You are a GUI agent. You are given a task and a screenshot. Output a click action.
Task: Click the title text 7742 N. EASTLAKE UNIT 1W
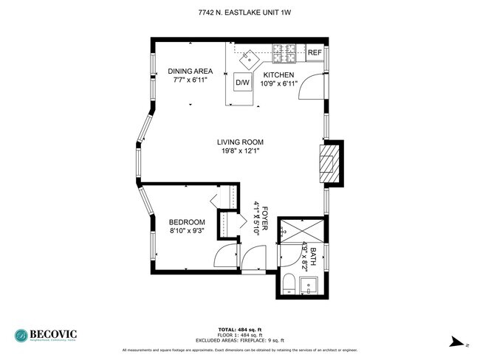(240, 13)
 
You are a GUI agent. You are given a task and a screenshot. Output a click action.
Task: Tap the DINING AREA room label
(190, 71)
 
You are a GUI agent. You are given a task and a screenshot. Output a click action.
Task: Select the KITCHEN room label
(278, 75)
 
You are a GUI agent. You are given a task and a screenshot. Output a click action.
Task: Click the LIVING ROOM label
(240, 142)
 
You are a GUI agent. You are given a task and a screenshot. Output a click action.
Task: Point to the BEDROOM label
(187, 222)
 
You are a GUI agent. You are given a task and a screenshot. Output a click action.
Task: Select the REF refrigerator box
(315, 52)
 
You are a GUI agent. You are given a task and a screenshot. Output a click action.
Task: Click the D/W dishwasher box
(243, 83)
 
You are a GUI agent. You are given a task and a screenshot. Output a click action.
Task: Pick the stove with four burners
(284, 53)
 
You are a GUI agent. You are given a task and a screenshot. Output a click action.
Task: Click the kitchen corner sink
(252, 55)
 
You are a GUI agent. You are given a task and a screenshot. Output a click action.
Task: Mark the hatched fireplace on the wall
(329, 162)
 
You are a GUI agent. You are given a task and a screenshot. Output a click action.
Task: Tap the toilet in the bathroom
(290, 283)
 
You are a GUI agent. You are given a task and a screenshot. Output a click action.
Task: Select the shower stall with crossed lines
(301, 229)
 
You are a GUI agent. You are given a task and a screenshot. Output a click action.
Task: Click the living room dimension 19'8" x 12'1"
(240, 151)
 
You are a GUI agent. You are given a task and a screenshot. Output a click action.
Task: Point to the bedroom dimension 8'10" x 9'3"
(187, 231)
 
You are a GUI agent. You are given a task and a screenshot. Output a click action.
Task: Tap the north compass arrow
(458, 342)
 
